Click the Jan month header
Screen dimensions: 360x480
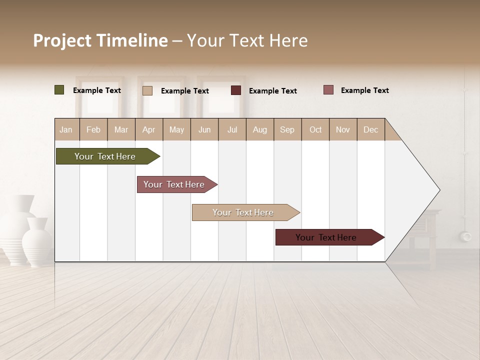click(x=66, y=129)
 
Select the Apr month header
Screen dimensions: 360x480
click(x=148, y=129)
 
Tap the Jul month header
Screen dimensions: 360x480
click(x=232, y=129)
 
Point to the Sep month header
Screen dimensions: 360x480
click(x=287, y=129)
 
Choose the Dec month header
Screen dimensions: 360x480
click(x=370, y=129)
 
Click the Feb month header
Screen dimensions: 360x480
click(x=93, y=129)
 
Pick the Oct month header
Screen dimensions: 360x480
click(x=315, y=129)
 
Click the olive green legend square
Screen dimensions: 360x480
click(x=59, y=90)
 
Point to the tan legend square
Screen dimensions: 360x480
click(x=147, y=90)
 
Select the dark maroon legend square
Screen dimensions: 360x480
click(x=236, y=90)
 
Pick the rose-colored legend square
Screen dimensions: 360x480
click(x=328, y=90)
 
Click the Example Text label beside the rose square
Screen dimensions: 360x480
click(x=364, y=90)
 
